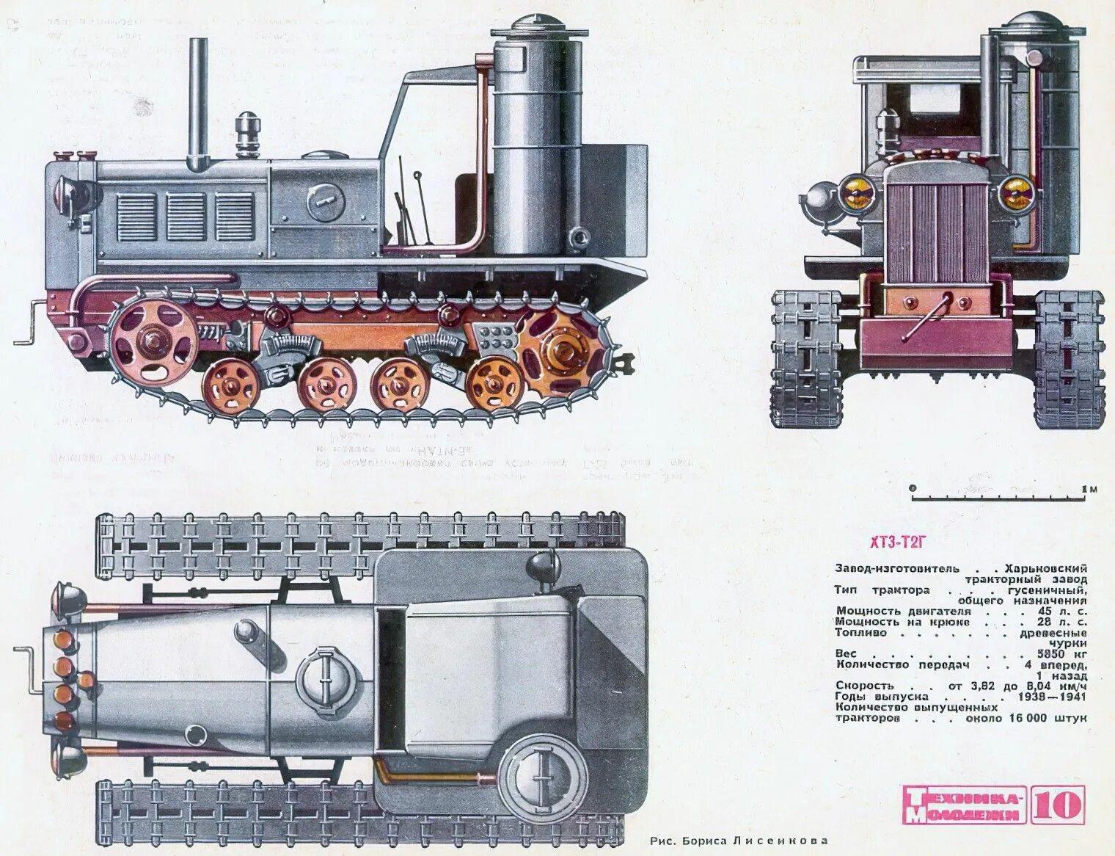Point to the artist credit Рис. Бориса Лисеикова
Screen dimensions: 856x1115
[739, 841]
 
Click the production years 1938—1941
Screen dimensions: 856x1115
[1053, 695]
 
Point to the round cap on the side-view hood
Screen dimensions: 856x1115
[327, 198]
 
